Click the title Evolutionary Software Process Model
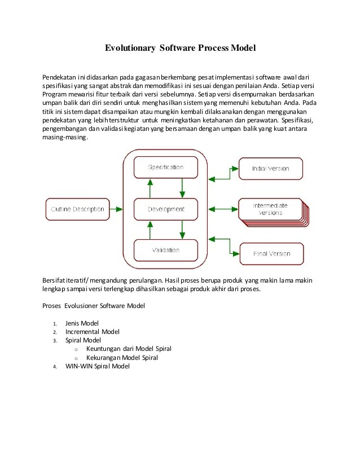click(x=181, y=49)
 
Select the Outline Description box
click(x=78, y=209)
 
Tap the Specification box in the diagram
click(x=165, y=168)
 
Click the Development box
click(x=165, y=209)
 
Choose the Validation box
click(x=165, y=250)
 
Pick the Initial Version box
click(x=270, y=168)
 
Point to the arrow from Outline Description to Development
click(x=120, y=209)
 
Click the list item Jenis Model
click(x=82, y=323)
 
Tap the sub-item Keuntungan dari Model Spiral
click(x=129, y=349)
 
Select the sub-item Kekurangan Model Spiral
click(x=122, y=358)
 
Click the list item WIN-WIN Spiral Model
click(x=97, y=366)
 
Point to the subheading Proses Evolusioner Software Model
click(x=94, y=306)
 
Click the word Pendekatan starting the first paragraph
click(x=59, y=77)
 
